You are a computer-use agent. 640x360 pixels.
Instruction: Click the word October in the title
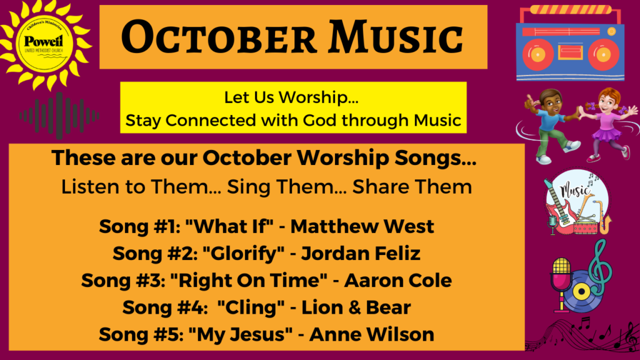(x=219, y=37)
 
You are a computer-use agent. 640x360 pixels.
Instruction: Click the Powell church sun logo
(x=44, y=43)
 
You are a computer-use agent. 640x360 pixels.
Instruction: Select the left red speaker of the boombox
(x=538, y=54)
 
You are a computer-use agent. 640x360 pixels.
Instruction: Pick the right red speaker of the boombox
(x=603, y=54)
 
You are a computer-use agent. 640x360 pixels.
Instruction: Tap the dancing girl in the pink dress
(x=609, y=124)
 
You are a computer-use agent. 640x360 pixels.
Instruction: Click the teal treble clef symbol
(x=601, y=267)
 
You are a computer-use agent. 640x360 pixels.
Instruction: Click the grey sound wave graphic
(x=59, y=116)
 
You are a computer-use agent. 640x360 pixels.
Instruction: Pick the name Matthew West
(x=362, y=226)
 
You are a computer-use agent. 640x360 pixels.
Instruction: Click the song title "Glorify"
(x=243, y=254)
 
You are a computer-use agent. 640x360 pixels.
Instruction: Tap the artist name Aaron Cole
(x=398, y=281)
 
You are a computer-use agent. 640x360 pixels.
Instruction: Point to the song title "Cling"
(x=251, y=307)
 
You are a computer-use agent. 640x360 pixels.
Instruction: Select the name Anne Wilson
(x=372, y=334)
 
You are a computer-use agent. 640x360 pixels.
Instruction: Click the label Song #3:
(x=123, y=281)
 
